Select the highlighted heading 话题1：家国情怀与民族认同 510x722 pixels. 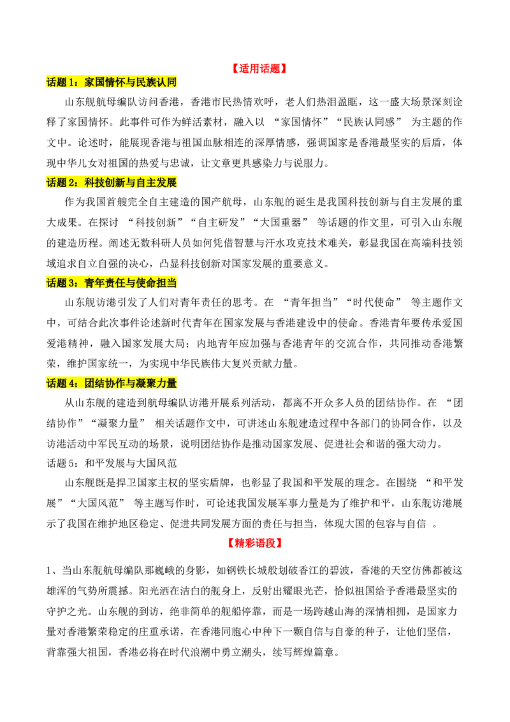coord(112,82)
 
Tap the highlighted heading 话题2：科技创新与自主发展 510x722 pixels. coord(112,182)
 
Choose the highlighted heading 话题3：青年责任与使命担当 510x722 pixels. coord(112,283)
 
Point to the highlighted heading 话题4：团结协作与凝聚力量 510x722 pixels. coord(112,383)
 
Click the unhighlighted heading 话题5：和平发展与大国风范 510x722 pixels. coord(112,463)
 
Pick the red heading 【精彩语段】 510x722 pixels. coord(254,543)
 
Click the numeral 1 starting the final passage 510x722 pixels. coord(49,571)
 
